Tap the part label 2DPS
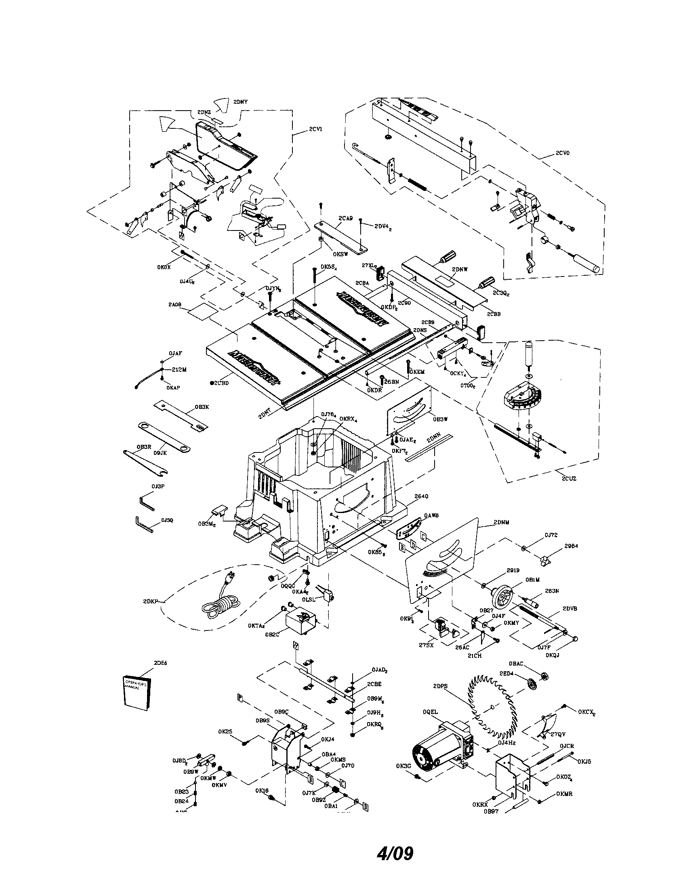pyautogui.click(x=440, y=686)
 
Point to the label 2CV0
pyautogui.click(x=563, y=153)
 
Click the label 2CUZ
pyautogui.click(x=569, y=479)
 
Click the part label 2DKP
pyautogui.click(x=150, y=601)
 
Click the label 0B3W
pyautogui.click(x=441, y=419)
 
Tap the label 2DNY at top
pyautogui.click(x=240, y=101)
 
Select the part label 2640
pyautogui.click(x=421, y=496)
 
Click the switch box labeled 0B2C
pyautogui.click(x=300, y=628)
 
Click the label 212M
pyautogui.click(x=179, y=370)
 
